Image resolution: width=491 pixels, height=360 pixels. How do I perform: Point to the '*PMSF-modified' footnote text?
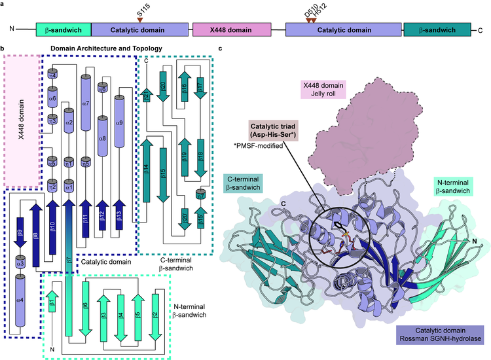point(260,145)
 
